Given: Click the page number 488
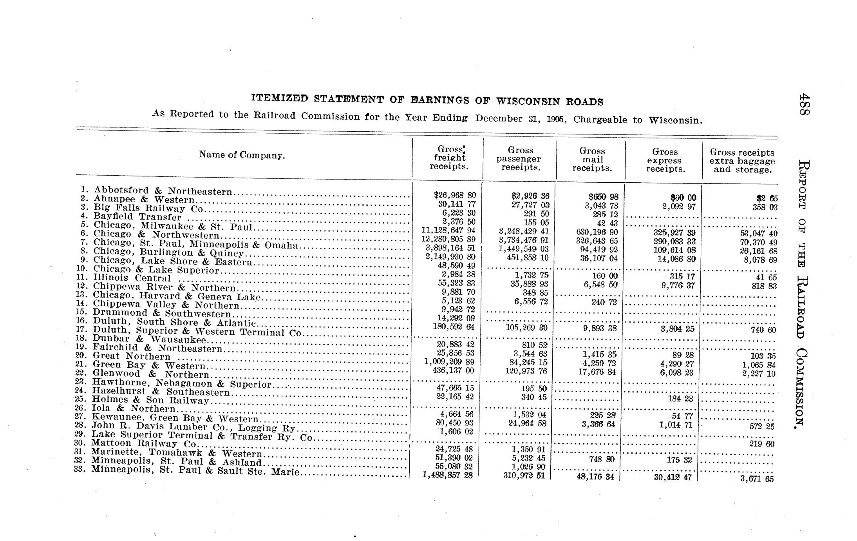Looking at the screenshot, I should click(805, 104).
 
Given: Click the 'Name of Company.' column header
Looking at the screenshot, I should click(242, 155).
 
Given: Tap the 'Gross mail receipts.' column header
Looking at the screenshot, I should click(592, 160).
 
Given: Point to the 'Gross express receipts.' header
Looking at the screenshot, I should click(665, 160).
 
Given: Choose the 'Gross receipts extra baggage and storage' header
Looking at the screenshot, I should click(742, 161).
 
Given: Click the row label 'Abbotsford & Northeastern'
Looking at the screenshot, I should click(163, 191).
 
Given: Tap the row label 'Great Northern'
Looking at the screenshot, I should click(131, 356).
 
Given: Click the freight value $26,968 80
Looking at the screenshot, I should click(455, 195).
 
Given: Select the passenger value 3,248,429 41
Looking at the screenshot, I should click(524, 231).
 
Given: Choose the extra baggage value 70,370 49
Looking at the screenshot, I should click(758, 242).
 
